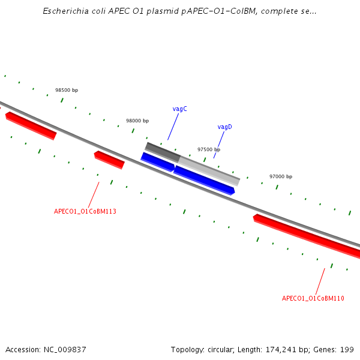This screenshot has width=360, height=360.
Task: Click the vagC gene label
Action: click(179, 109)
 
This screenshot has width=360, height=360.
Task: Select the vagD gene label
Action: click(224, 127)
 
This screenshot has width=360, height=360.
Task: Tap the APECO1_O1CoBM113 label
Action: click(85, 211)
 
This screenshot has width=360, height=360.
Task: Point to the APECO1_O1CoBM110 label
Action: click(313, 298)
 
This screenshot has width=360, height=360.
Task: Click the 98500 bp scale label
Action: click(67, 90)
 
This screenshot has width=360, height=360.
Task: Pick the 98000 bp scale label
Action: click(137, 121)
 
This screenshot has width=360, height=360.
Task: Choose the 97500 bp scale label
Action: click(209, 149)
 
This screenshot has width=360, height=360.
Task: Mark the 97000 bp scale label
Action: click(281, 176)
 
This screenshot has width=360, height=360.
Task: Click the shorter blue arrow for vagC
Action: click(158, 161)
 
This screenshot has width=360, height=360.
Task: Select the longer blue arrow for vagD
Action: click(204, 180)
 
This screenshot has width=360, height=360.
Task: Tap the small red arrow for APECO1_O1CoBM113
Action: click(109, 160)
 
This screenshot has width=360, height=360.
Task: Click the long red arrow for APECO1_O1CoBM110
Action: click(306, 235)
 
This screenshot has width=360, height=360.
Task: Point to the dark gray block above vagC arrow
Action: click(162, 151)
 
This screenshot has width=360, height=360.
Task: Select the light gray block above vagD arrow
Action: click(209, 170)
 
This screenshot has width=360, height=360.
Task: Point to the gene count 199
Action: click(347, 349)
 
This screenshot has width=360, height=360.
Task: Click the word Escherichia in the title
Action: click(65, 11)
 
